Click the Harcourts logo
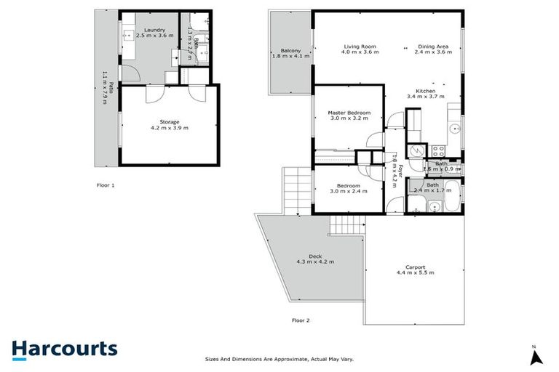(x=64, y=348)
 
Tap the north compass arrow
(x=536, y=357)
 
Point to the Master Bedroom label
(x=349, y=113)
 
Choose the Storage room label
(x=169, y=121)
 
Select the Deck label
(x=314, y=256)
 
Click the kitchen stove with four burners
(x=438, y=151)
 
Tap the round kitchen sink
(x=453, y=129)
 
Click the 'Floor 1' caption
(x=106, y=185)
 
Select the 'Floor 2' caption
(x=301, y=320)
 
